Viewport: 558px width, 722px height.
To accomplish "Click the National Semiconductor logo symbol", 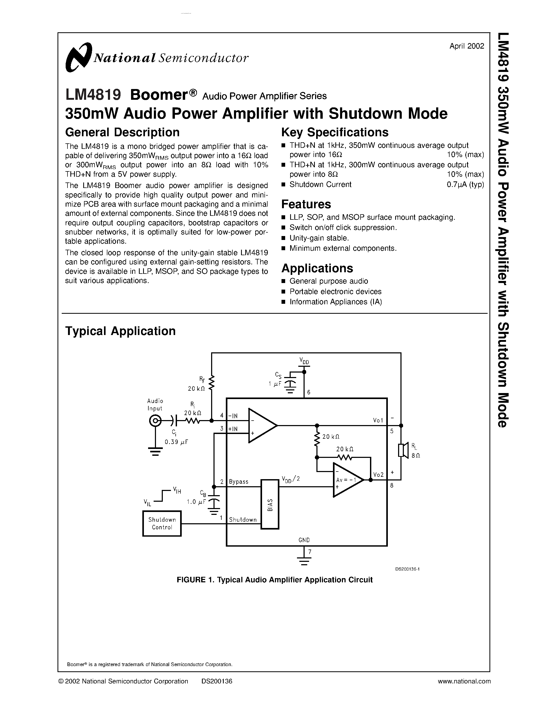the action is coord(78,57).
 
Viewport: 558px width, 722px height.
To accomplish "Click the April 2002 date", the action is coord(466,46).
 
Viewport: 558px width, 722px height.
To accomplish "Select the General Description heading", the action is coord(122,132).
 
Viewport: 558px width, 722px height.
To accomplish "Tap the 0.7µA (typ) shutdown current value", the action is coord(465,185).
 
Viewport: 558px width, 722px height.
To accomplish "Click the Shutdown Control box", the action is coord(162,523).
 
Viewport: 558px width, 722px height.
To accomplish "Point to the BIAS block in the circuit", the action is coord(270,504).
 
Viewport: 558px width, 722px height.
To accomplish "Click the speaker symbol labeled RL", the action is coord(402,450).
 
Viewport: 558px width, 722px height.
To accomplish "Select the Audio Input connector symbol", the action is coord(155,421).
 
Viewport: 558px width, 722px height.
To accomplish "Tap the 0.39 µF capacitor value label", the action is coord(176,442).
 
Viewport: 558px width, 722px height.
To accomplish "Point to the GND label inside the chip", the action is coord(304,540).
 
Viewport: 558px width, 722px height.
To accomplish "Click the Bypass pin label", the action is coord(238,482).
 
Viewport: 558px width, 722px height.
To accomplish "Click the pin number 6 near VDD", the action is coord(309,393).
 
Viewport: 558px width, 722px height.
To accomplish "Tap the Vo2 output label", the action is coord(378,475).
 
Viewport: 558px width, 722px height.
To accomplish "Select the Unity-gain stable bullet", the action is coord(319,238).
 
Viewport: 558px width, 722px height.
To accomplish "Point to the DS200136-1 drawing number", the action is coord(407,569).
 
